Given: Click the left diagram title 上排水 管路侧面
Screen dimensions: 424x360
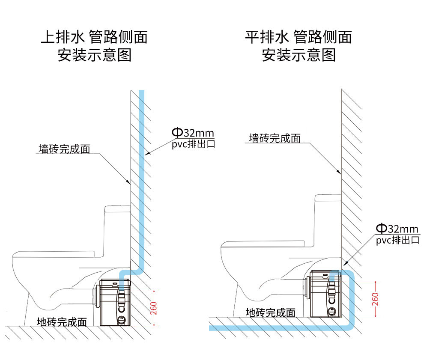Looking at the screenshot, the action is coord(94,37).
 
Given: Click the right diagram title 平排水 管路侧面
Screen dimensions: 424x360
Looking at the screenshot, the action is coord(298,37).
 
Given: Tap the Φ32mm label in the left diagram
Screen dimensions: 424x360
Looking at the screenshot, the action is coord(193,133).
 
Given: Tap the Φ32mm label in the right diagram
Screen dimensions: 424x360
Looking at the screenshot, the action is coord(397,229).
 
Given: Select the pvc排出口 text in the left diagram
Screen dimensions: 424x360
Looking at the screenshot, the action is coord(193,144).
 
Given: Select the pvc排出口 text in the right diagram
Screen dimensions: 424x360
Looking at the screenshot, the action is coord(397,240).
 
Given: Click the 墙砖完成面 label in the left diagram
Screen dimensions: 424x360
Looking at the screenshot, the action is coord(64,149).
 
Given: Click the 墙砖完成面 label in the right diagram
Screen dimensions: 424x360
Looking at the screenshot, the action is coord(275,138).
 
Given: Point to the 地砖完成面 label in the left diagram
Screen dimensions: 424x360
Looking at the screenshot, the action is coord(62,322).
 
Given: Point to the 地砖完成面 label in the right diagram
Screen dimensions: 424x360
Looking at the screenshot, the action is coord(270,312).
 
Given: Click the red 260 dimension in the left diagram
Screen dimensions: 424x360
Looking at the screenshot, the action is coord(154,308).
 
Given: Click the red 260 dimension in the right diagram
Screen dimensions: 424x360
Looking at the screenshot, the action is coord(375,299).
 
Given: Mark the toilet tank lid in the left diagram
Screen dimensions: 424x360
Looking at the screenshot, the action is coord(118,209).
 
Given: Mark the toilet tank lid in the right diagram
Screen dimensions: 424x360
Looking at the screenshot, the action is coord(328,198).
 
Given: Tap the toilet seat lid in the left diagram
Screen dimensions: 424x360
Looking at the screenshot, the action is coord(54,254).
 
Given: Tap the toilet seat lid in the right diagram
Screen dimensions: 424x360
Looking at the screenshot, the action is coord(263,244).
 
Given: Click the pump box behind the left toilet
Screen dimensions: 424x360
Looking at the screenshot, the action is coord(115,303).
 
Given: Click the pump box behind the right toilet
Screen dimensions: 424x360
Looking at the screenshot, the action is coord(325,294).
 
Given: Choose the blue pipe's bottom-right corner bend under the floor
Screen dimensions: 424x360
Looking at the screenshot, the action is coord(351,327).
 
